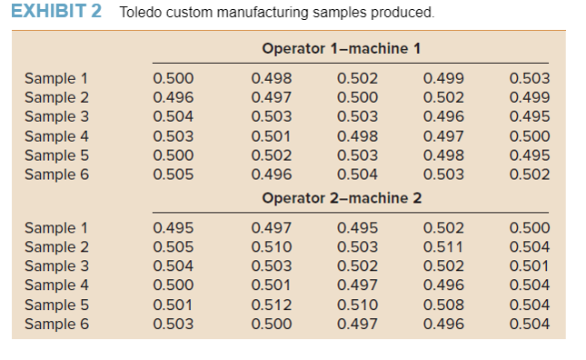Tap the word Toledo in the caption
point(141,13)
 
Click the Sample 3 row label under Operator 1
point(56,116)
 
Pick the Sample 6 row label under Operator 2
point(56,324)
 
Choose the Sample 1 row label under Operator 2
point(56,228)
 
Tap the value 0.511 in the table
point(443,246)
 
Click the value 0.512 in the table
point(271,305)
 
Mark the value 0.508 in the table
point(443,305)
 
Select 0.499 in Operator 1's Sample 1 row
point(443,78)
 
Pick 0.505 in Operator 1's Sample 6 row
point(173,175)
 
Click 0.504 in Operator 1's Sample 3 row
point(173,116)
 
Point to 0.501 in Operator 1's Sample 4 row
point(271,136)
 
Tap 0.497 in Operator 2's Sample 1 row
point(271,228)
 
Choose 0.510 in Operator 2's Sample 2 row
point(271,246)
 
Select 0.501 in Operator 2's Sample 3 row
point(530,265)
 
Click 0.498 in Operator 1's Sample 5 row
point(443,155)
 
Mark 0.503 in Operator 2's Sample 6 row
point(173,324)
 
